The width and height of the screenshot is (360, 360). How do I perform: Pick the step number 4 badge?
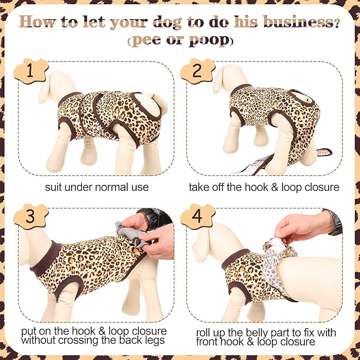(197, 216)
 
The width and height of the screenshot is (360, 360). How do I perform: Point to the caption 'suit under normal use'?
(97, 187)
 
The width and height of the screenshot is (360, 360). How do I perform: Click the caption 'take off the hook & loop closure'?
(264, 187)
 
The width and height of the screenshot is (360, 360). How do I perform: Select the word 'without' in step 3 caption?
(41, 340)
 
